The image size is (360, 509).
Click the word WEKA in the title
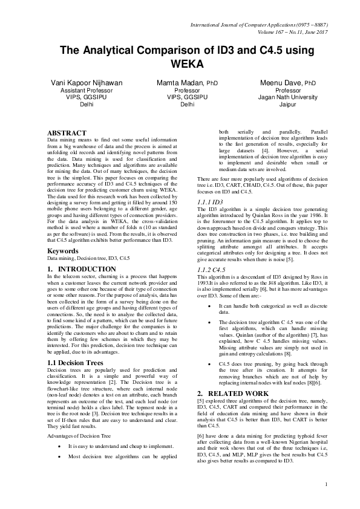(x=180, y=63)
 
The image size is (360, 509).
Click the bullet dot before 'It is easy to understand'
(x=57, y=447)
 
